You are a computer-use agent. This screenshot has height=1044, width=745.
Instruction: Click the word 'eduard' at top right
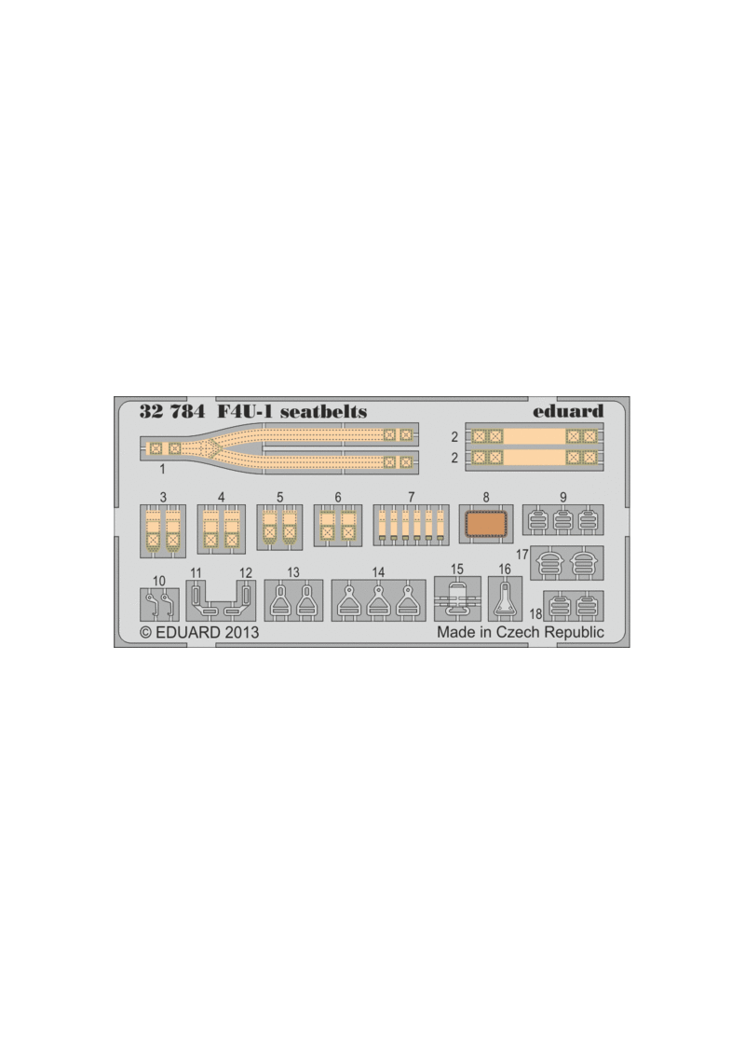tap(568, 411)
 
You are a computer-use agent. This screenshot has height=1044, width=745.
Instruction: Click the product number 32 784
tap(172, 411)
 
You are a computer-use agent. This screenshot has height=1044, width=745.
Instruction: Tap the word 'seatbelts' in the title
tap(323, 411)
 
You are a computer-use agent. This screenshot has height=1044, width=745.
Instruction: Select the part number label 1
tap(162, 470)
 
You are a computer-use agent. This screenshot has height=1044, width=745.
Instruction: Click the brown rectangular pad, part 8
tap(486, 524)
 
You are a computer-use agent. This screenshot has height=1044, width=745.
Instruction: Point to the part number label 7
tap(411, 498)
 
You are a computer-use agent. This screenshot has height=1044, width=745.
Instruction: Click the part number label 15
tap(457, 570)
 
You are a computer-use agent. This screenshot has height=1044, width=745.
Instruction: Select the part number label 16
tap(505, 570)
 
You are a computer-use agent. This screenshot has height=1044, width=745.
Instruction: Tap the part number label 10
tap(159, 581)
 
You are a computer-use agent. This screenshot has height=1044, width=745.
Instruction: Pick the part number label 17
tap(522, 554)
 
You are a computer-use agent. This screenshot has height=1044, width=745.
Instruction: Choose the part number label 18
tap(536, 614)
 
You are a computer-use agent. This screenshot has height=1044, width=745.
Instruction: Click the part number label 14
tap(378, 572)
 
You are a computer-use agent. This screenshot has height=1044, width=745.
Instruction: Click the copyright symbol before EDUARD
tap(145, 633)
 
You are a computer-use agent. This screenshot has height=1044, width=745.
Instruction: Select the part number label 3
tap(164, 498)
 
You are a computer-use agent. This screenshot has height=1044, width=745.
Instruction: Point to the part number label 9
tap(562, 498)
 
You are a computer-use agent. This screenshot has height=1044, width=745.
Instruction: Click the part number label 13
tap(293, 572)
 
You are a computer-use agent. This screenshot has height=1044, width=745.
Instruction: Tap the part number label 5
tap(280, 498)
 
